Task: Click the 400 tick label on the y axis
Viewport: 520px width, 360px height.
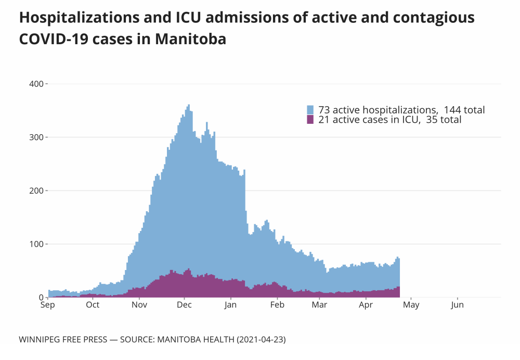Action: point(36,84)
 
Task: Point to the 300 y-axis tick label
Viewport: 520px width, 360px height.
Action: point(36,137)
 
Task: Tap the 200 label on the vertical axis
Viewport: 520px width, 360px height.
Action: point(36,191)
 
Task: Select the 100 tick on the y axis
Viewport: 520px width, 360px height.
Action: point(36,244)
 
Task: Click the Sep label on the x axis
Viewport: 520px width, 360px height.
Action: point(48,305)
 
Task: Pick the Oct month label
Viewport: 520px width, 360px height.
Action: point(93,305)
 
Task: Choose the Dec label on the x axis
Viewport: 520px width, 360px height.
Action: point(185,305)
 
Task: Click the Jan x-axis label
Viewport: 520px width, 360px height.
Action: point(231,305)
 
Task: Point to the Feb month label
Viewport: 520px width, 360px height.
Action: point(277,305)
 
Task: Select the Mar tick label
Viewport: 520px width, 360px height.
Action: point(319,305)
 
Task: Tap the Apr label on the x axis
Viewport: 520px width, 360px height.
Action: point(366,305)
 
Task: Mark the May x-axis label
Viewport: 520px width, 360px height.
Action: point(411,305)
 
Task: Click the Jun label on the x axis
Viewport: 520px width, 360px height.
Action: point(457,305)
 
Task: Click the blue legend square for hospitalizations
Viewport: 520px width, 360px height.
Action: point(310,110)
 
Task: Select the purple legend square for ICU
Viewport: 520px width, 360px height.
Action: point(310,120)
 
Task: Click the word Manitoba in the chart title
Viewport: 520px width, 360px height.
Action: point(191,39)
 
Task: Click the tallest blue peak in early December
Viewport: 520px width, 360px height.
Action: point(188,106)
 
